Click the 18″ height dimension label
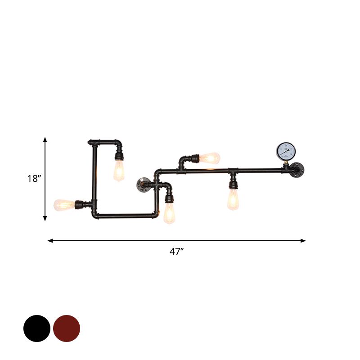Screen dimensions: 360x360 click(34, 178)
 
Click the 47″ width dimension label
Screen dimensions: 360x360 click(176, 252)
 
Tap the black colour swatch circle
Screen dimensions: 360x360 click(37, 328)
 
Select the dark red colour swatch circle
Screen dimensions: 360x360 click(67, 328)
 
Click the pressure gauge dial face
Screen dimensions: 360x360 click(286, 152)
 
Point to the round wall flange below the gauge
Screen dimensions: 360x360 click(297, 170)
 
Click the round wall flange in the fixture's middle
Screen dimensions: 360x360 click(143, 184)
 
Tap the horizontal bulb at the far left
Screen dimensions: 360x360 click(64, 205)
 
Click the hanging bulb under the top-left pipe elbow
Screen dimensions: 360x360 click(119, 171)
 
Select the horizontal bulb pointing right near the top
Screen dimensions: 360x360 click(210, 158)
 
